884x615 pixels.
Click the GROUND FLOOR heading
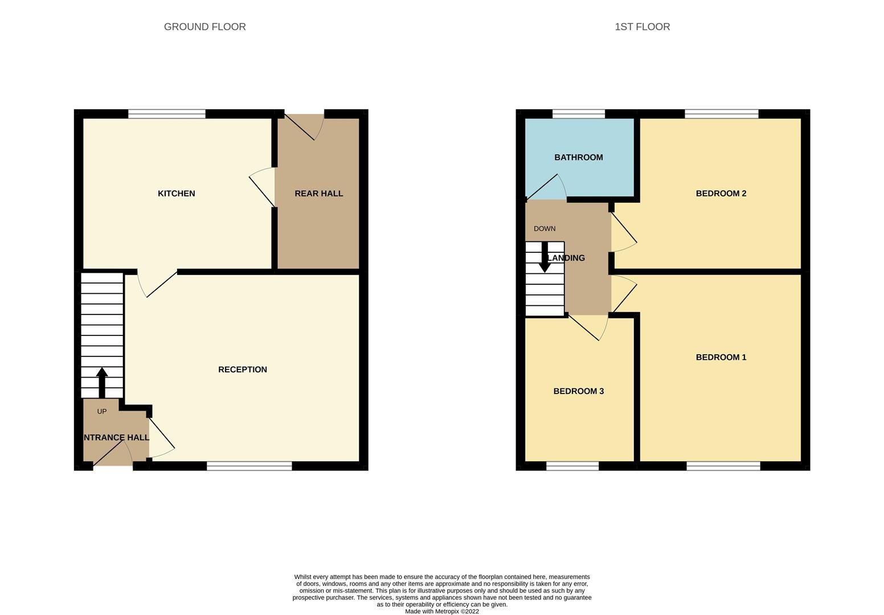pyautogui.click(x=204, y=27)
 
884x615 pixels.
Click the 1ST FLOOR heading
pyautogui.click(x=642, y=27)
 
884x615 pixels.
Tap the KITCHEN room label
pyautogui.click(x=176, y=194)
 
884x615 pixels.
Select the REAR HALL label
pyautogui.click(x=318, y=194)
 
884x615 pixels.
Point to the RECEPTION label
pyautogui.click(x=242, y=370)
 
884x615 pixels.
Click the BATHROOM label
pyautogui.click(x=578, y=158)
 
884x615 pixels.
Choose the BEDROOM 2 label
pyautogui.click(x=721, y=194)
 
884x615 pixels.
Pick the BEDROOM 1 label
pyautogui.click(x=721, y=358)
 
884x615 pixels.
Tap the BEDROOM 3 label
pyautogui.click(x=578, y=391)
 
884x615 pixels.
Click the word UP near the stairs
pyautogui.click(x=102, y=412)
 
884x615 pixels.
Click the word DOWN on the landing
pyautogui.click(x=545, y=229)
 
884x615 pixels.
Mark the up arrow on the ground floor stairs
pyautogui.click(x=102, y=382)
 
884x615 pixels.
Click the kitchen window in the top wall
pyautogui.click(x=166, y=114)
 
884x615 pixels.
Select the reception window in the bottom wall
pyautogui.click(x=249, y=466)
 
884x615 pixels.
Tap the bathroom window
pyautogui.click(x=578, y=114)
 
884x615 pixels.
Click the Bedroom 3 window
pyautogui.click(x=572, y=466)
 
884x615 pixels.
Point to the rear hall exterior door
pyautogui.click(x=302, y=126)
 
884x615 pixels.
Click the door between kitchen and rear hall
pyautogui.click(x=263, y=188)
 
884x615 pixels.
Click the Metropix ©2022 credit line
pyautogui.click(x=441, y=612)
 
